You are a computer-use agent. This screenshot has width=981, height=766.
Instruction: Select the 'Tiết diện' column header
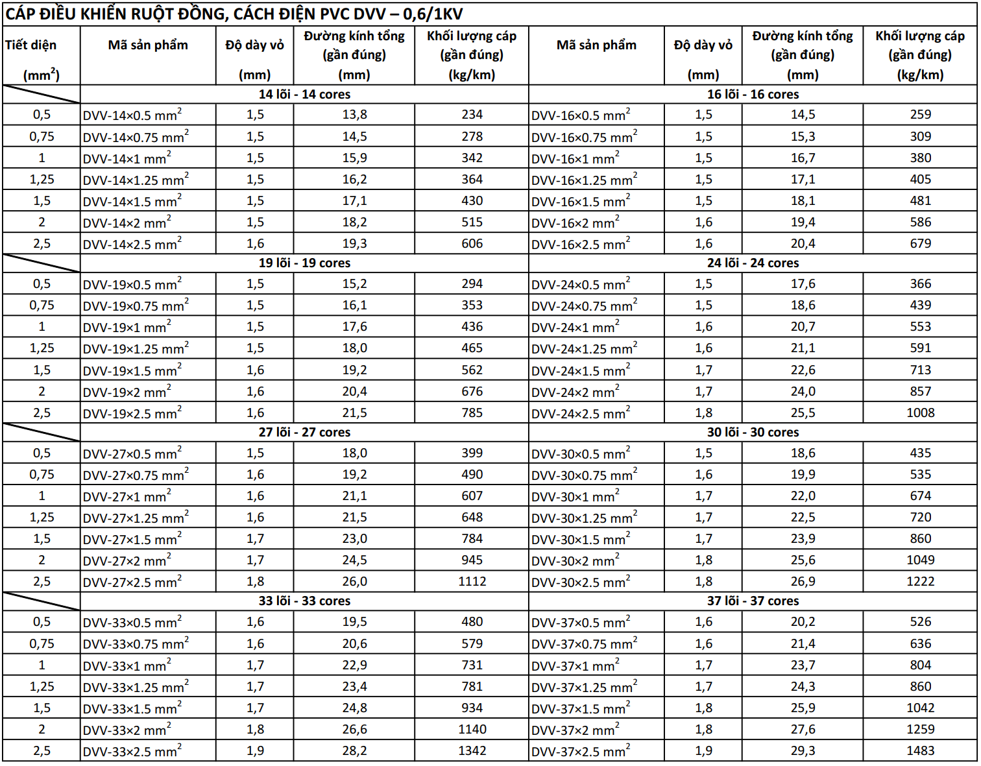pos(30,45)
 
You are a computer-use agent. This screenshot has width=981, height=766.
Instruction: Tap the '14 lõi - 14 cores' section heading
pos(304,95)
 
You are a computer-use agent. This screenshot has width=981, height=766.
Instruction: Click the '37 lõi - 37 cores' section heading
pos(753,601)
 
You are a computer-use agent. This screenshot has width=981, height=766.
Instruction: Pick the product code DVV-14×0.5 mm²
pos(132,115)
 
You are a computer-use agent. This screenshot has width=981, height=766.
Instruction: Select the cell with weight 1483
pos(920,751)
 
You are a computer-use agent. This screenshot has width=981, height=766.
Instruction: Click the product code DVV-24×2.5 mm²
pos(581,414)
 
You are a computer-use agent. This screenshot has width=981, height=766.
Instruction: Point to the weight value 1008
pos(920,413)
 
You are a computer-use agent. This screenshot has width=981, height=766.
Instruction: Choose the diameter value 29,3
pos(803,751)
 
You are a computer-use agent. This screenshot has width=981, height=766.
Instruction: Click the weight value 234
pos(472,115)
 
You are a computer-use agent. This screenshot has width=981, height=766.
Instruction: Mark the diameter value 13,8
pos(354,115)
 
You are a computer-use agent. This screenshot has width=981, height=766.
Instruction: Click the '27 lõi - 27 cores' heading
pos(304,433)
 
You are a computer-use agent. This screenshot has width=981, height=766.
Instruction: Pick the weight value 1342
pos(472,751)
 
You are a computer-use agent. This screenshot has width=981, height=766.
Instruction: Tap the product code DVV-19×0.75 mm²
pos(136,306)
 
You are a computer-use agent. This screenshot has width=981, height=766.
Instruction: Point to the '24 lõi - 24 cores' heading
pos(753,263)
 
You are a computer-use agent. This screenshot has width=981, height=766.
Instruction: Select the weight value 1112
pos(472,582)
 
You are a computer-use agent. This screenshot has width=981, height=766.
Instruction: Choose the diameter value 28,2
pos(354,751)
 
